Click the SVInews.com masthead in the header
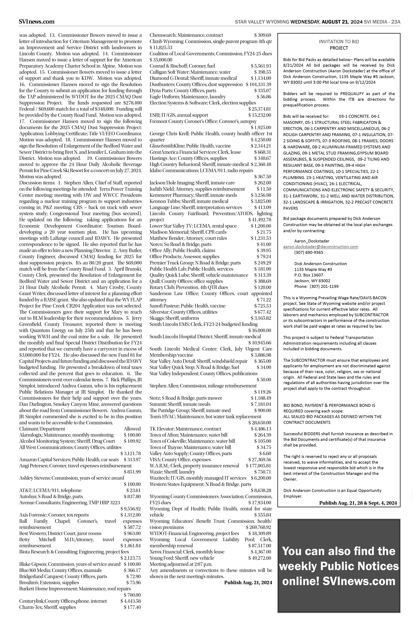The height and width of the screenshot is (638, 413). pos(37,21)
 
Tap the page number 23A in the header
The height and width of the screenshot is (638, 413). pos(396,22)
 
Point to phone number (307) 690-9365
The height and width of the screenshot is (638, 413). pos(309,252)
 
